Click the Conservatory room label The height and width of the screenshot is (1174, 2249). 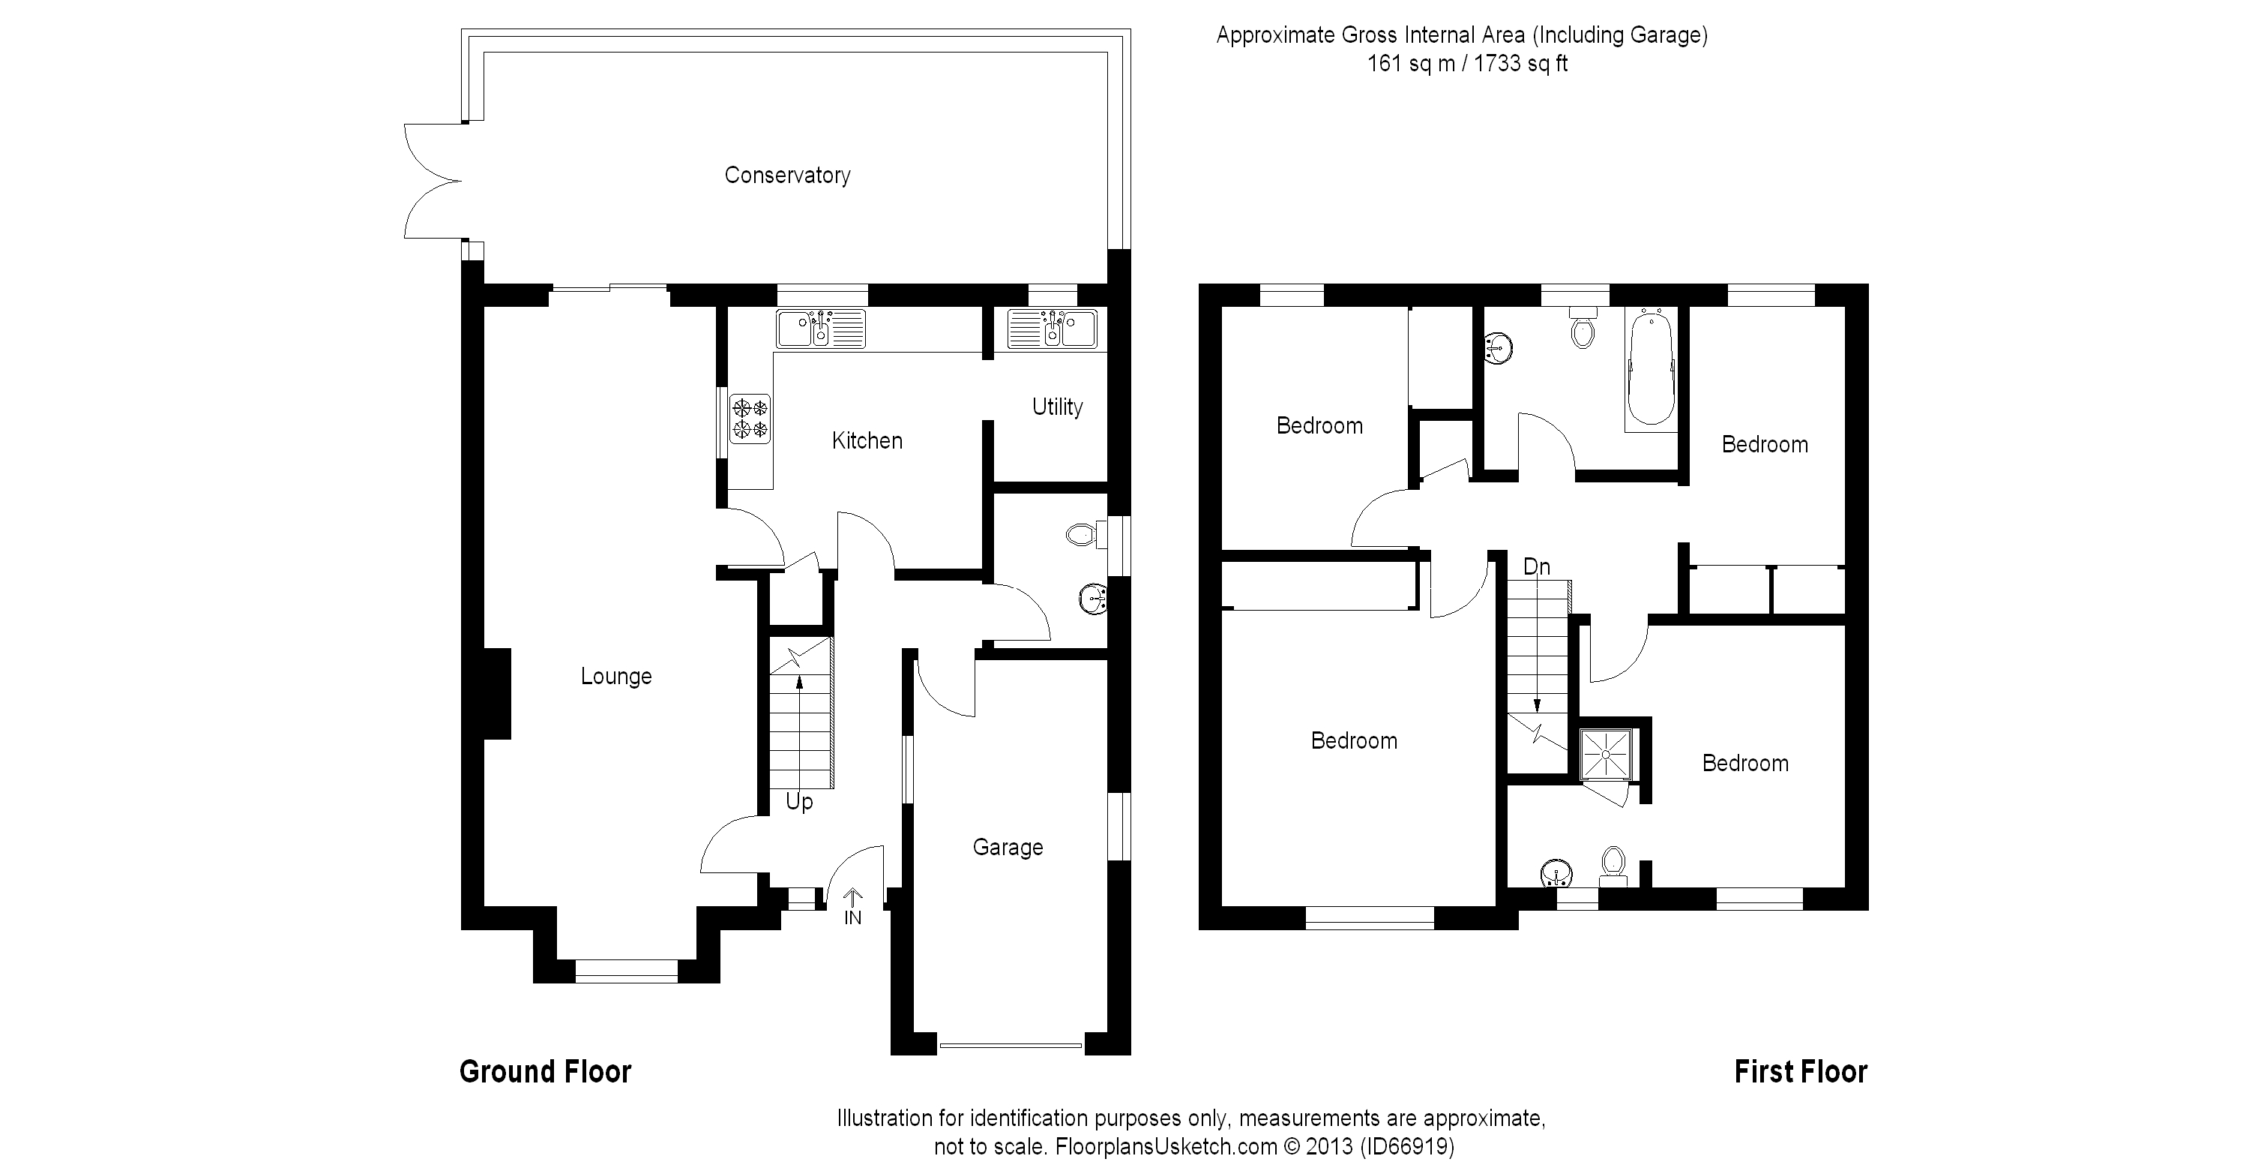(x=786, y=176)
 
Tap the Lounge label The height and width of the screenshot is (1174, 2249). (x=615, y=676)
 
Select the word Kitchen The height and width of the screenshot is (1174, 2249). (x=866, y=441)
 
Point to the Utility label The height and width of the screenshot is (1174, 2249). (x=1056, y=407)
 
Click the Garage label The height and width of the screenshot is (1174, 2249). (x=1008, y=848)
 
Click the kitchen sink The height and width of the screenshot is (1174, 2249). (x=820, y=329)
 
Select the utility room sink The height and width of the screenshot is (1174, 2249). (x=1052, y=329)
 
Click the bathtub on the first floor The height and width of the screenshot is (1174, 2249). (x=1651, y=368)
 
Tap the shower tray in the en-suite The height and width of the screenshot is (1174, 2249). (x=1607, y=754)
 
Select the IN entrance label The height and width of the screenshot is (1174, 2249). (x=852, y=917)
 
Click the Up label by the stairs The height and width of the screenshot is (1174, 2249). (x=799, y=802)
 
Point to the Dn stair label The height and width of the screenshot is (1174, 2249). (x=1536, y=567)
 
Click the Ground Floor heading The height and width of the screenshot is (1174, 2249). (x=545, y=1072)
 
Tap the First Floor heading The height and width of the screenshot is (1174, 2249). (x=1800, y=1072)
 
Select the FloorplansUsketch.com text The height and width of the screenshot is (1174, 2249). (x=1166, y=1146)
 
